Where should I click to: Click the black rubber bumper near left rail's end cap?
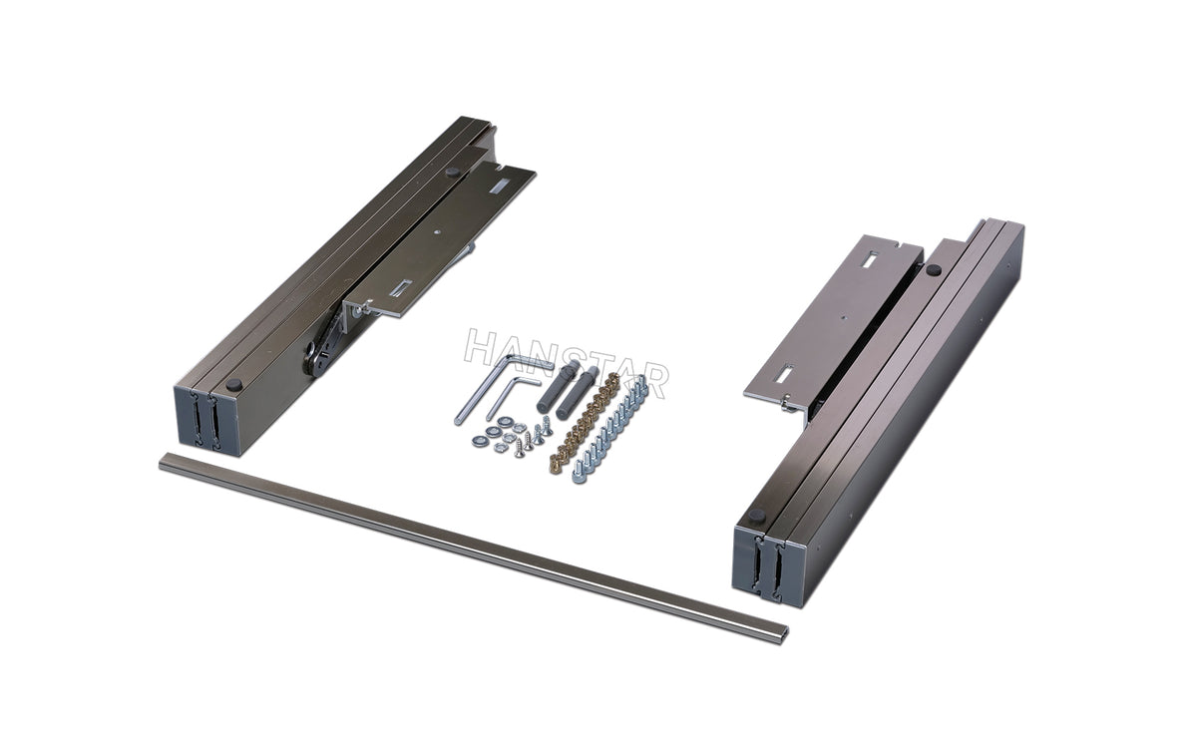coord(233,384)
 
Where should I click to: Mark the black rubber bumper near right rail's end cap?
coord(755,516)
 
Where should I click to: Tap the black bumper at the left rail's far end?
coord(453,173)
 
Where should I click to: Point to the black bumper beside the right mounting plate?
coord(932,269)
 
